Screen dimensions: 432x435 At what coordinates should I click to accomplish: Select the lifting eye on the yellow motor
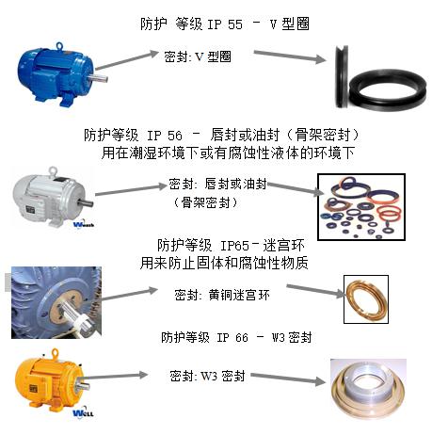56,353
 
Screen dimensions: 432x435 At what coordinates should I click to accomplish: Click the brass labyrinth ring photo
366,299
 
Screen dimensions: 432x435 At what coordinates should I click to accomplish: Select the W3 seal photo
368,389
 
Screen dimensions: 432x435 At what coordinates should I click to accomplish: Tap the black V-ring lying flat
388,92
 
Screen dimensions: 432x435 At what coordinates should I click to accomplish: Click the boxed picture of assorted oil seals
361,207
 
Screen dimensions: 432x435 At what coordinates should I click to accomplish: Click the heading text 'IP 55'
225,24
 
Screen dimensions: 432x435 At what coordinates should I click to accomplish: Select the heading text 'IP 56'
165,136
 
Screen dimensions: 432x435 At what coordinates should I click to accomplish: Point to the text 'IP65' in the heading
234,246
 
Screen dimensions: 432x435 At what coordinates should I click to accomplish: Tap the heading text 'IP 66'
232,338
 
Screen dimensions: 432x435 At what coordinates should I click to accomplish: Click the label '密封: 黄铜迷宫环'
222,295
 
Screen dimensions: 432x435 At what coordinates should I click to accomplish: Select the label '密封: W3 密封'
207,376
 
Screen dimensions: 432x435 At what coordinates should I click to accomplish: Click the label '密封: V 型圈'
198,56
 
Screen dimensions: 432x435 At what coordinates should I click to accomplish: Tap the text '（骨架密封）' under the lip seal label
205,202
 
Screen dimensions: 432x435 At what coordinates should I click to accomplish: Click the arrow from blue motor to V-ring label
127,60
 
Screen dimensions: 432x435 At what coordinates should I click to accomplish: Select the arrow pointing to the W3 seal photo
289,379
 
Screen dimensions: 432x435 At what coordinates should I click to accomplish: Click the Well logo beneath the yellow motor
83,413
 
